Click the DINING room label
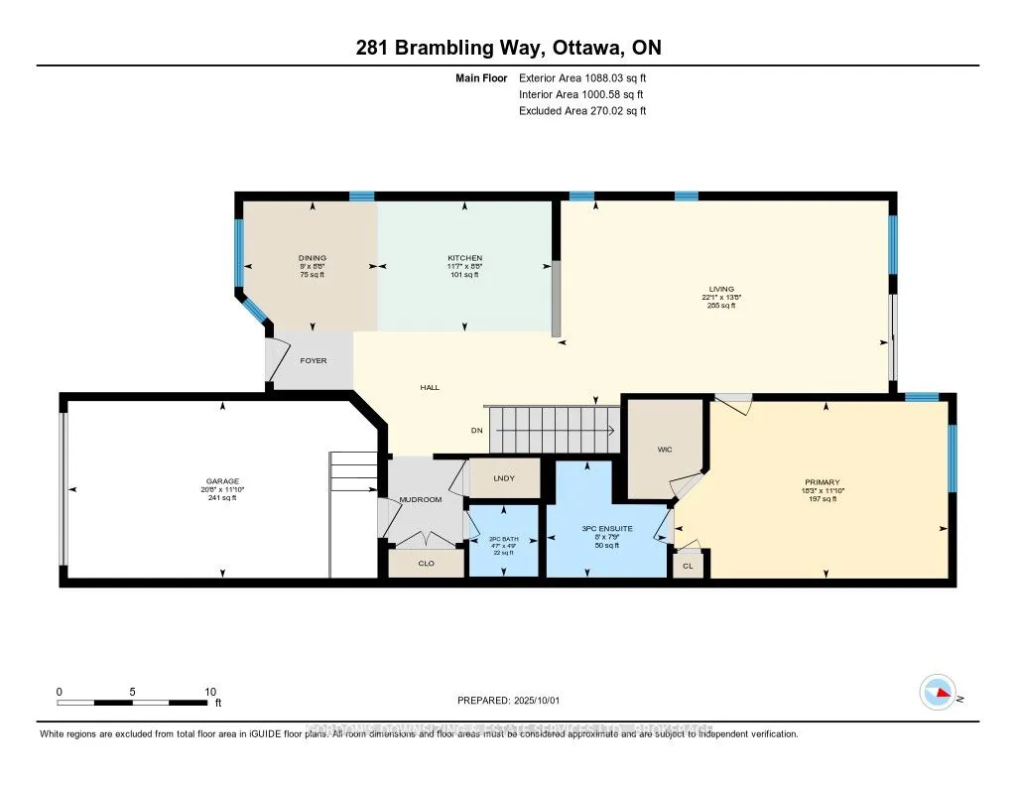tap(313, 258)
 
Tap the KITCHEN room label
tap(464, 258)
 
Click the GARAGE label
tap(222, 481)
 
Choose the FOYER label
tap(314, 360)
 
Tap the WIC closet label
tap(665, 450)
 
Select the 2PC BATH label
tap(504, 539)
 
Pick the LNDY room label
tap(504, 478)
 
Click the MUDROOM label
tap(420, 499)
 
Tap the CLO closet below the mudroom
tap(426, 563)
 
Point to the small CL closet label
tap(688, 565)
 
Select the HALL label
tap(430, 388)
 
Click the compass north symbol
tap(938, 692)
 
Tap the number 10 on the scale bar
tap(209, 692)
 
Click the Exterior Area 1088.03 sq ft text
tap(581, 77)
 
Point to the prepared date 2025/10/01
tap(542, 700)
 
